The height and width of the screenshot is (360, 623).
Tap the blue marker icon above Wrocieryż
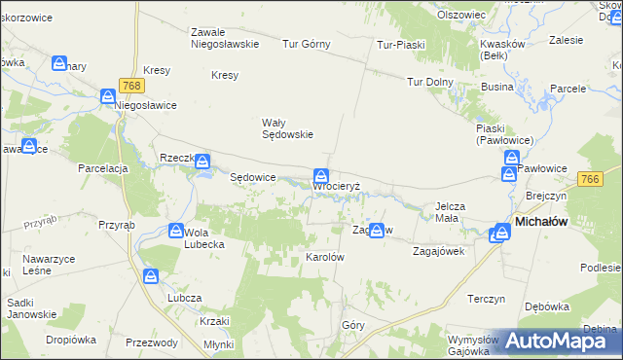[320, 176]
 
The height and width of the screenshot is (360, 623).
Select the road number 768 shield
[132, 87]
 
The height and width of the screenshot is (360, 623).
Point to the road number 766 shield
[589, 179]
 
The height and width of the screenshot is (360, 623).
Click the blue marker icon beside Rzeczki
[202, 162]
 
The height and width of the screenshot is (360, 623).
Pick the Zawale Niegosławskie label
[224, 37]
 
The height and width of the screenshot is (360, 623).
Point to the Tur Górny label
[307, 44]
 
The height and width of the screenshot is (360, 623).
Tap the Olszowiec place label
[461, 15]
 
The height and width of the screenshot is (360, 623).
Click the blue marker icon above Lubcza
[151, 276]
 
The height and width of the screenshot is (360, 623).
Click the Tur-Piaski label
[401, 44]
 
